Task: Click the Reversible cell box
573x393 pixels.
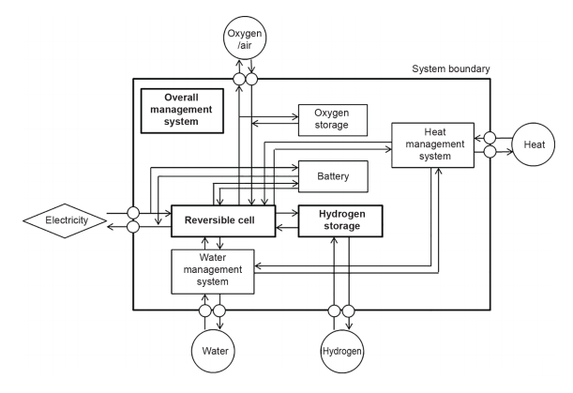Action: (x=222, y=221)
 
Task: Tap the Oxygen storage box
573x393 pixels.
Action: (x=332, y=118)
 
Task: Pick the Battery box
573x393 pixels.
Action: (x=332, y=175)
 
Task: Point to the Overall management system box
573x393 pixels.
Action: (x=183, y=110)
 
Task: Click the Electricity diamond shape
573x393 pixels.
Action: (x=62, y=220)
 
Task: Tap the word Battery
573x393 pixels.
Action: (x=332, y=175)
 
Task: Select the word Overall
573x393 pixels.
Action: (x=183, y=98)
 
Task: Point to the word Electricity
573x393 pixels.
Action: (x=62, y=220)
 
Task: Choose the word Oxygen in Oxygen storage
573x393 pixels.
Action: (x=332, y=112)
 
